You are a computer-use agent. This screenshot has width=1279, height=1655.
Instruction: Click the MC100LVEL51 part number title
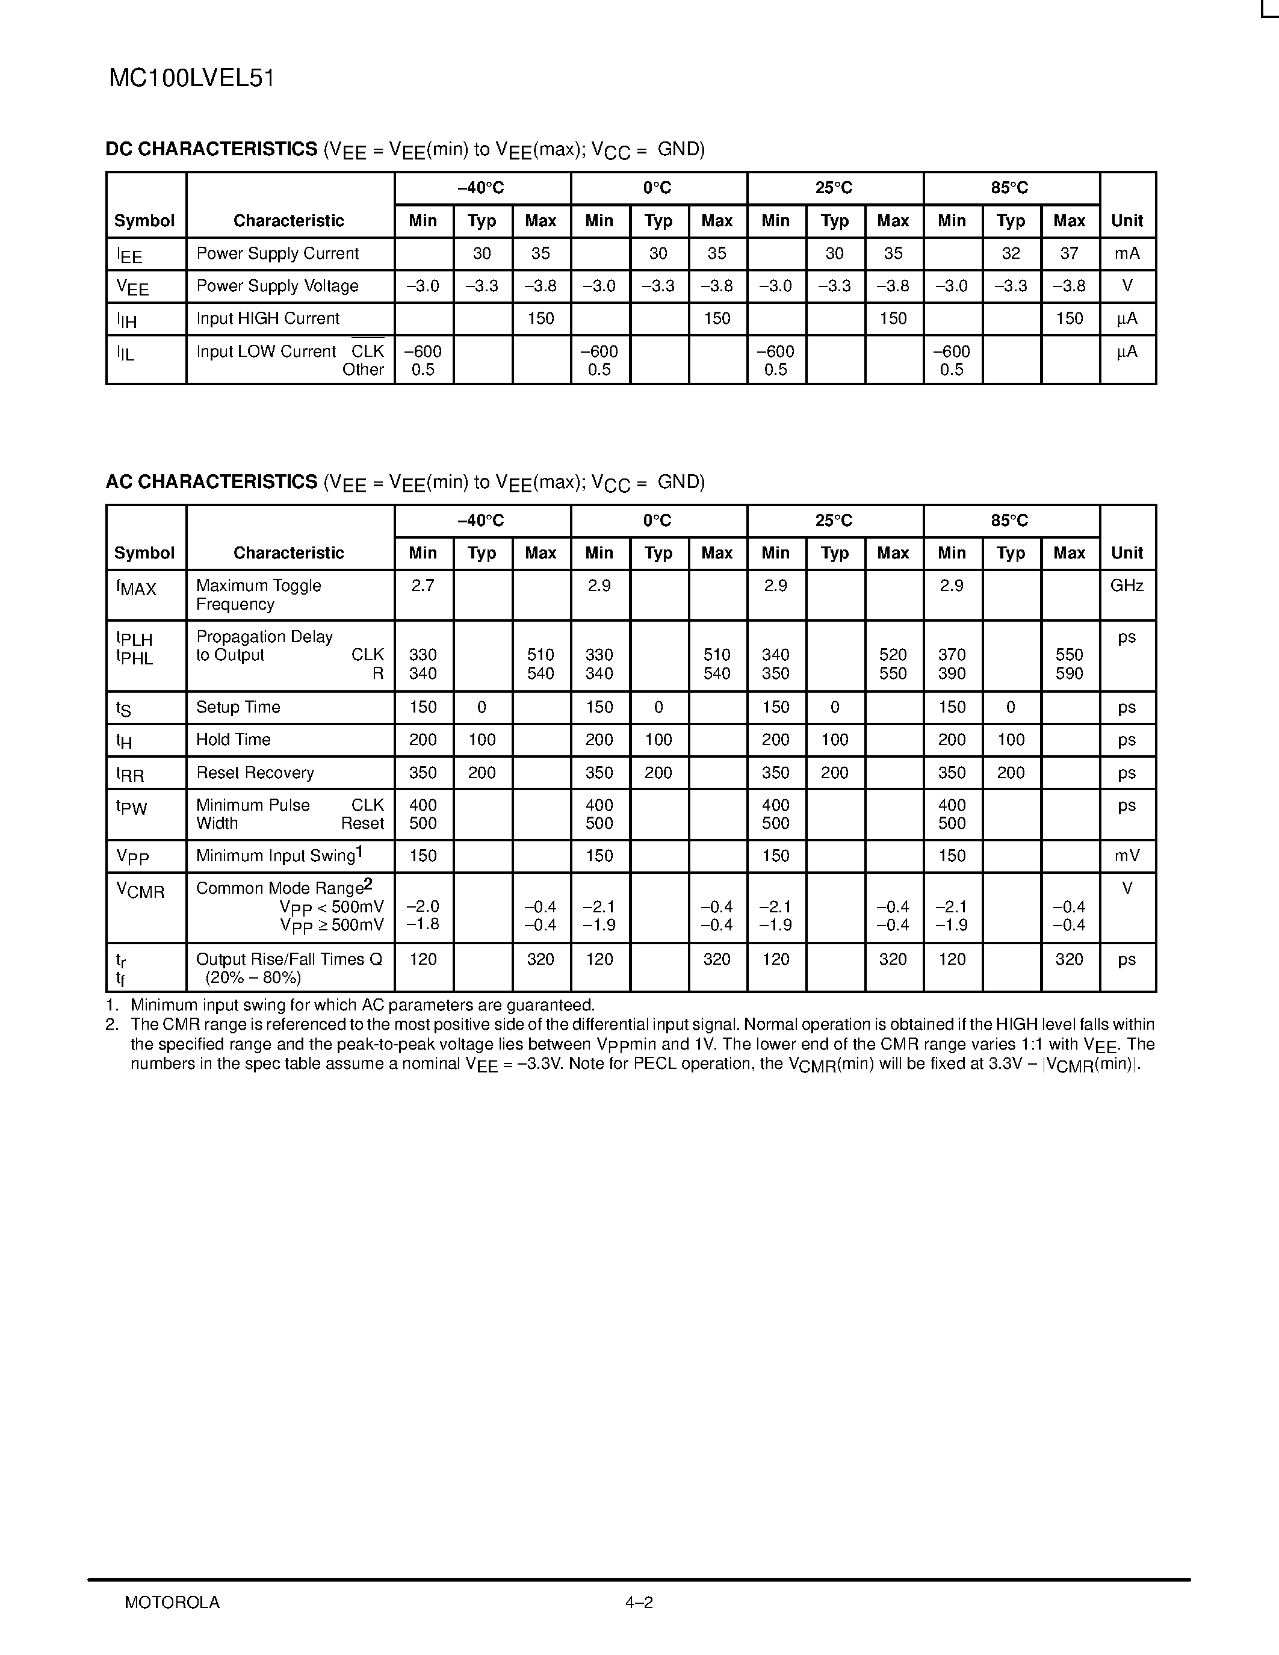tap(191, 79)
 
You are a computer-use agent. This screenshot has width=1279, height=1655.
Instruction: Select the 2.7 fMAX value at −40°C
tap(423, 586)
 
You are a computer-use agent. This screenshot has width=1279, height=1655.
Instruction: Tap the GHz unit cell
tap(1127, 586)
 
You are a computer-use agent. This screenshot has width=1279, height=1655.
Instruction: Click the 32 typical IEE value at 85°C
tap(1011, 254)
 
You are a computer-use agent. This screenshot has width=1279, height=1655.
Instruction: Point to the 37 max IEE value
tap(1069, 254)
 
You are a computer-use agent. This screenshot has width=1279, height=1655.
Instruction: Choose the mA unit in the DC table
tap(1127, 254)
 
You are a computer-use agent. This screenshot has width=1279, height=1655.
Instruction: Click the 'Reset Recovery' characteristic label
tap(255, 773)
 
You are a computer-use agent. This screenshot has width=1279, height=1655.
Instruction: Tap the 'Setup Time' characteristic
tap(238, 707)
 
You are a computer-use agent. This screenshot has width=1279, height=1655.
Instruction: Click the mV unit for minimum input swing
tap(1127, 856)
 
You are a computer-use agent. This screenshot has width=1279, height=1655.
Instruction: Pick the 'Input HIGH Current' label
tap(267, 319)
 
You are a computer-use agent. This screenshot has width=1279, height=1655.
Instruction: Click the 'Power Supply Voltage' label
tap(277, 286)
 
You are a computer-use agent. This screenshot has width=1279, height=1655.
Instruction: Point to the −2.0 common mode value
tap(423, 907)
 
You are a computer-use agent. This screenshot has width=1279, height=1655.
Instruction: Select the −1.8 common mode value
tap(423, 925)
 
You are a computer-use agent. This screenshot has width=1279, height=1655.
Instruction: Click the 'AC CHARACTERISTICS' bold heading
tap(211, 482)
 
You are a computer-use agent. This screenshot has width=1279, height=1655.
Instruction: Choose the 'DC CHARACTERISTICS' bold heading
tap(211, 149)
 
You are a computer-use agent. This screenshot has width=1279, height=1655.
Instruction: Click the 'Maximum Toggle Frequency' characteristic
tap(258, 595)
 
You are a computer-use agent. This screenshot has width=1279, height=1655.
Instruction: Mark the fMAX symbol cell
tap(137, 587)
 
